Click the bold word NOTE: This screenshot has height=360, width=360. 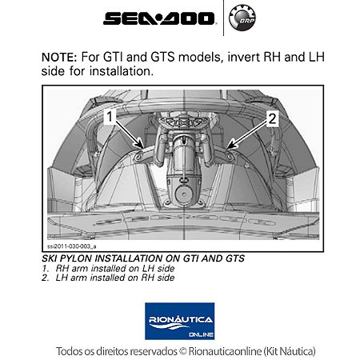coord(61,58)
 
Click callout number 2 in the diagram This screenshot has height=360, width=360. coord(271,118)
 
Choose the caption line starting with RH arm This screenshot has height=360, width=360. coord(113,269)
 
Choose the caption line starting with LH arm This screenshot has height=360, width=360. coord(113,278)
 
